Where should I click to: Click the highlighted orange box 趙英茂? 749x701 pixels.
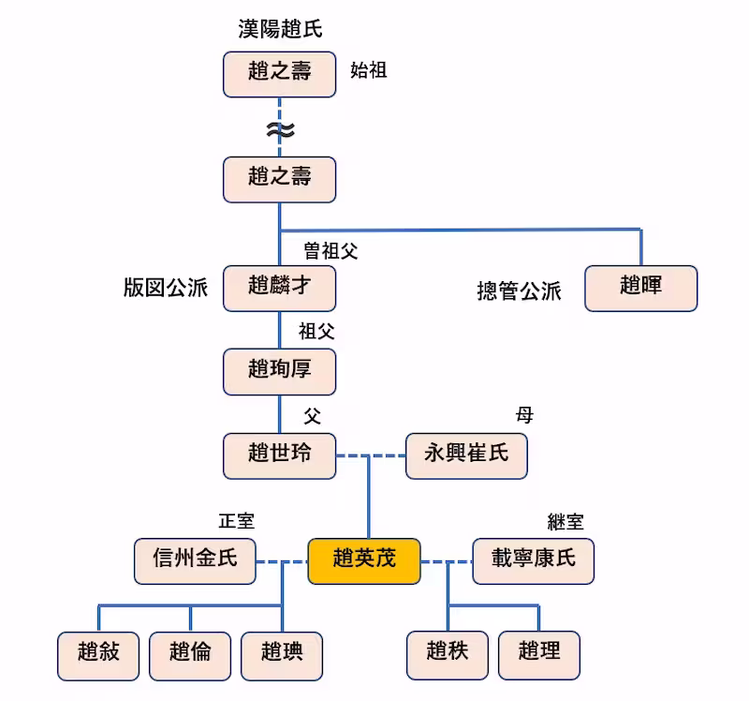pos(363,559)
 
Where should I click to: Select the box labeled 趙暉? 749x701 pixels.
pos(640,288)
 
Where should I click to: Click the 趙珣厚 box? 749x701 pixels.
pos(279,371)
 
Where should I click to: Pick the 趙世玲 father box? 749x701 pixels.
pos(279,455)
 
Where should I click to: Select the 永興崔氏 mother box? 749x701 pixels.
pos(466,455)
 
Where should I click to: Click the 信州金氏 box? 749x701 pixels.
pos(195,559)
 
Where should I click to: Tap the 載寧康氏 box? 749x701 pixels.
pos(534,559)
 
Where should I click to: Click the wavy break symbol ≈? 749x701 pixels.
pos(279,131)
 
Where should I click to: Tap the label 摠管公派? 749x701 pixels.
pos(519,292)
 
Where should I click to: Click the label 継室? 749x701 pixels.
pos(565,522)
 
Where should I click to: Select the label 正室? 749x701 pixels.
pos(236,521)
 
